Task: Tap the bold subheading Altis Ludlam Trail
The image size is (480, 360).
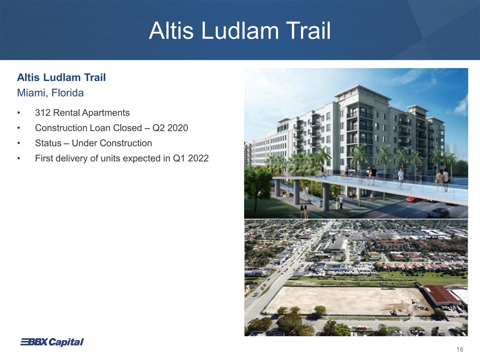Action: [61, 77]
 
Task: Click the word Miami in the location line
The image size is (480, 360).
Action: [31, 93]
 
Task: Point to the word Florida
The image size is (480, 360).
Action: [67, 93]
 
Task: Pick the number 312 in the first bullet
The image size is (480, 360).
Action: [42, 112]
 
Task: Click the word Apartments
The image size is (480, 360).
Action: [106, 113]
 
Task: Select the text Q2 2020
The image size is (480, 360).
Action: [170, 128]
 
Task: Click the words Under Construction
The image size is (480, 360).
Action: [111, 143]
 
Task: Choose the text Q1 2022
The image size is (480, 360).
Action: [190, 158]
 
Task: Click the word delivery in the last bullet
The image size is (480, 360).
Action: [71, 158]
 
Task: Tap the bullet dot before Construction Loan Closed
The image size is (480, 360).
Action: [18, 128]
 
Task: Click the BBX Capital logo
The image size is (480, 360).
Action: [51, 342]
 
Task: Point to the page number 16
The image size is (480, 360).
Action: [459, 349]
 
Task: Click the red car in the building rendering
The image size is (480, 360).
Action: [413, 199]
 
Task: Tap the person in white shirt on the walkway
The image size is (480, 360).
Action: [400, 178]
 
